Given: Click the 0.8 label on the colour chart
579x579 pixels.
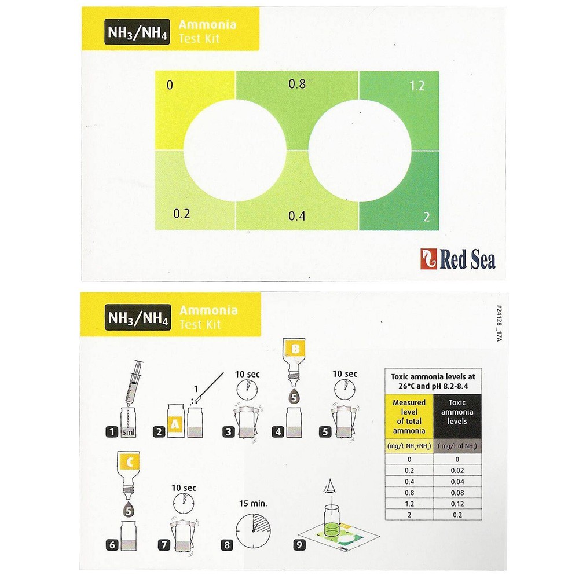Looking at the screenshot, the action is pyautogui.click(x=297, y=84).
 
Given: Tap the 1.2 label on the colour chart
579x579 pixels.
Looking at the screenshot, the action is pyautogui.click(x=417, y=86).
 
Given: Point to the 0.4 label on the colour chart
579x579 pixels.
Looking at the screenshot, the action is pyautogui.click(x=297, y=215).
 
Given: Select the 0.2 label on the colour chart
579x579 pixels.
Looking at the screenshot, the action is pyautogui.click(x=182, y=214).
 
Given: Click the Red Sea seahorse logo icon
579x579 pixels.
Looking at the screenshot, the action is pyautogui.click(x=428, y=258).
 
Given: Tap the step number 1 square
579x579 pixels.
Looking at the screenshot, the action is pyautogui.click(x=112, y=431).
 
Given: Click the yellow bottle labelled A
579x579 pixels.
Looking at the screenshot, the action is pyautogui.click(x=175, y=421).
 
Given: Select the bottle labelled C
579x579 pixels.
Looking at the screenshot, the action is pyautogui.click(x=129, y=472).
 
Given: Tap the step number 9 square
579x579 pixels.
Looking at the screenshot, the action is pyautogui.click(x=299, y=545).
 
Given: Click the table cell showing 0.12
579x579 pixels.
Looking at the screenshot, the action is pyautogui.click(x=457, y=504).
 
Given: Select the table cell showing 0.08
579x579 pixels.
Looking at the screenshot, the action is pyautogui.click(x=457, y=493).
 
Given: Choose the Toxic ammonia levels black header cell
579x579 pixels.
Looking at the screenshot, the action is pyautogui.click(x=457, y=416).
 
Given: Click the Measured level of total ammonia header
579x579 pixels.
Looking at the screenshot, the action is pyautogui.click(x=409, y=416).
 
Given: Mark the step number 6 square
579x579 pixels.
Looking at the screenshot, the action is pyautogui.click(x=112, y=545).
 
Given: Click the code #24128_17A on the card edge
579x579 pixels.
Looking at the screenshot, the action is pyautogui.click(x=499, y=323).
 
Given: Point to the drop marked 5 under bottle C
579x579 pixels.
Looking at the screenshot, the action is pyautogui.click(x=129, y=510).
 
